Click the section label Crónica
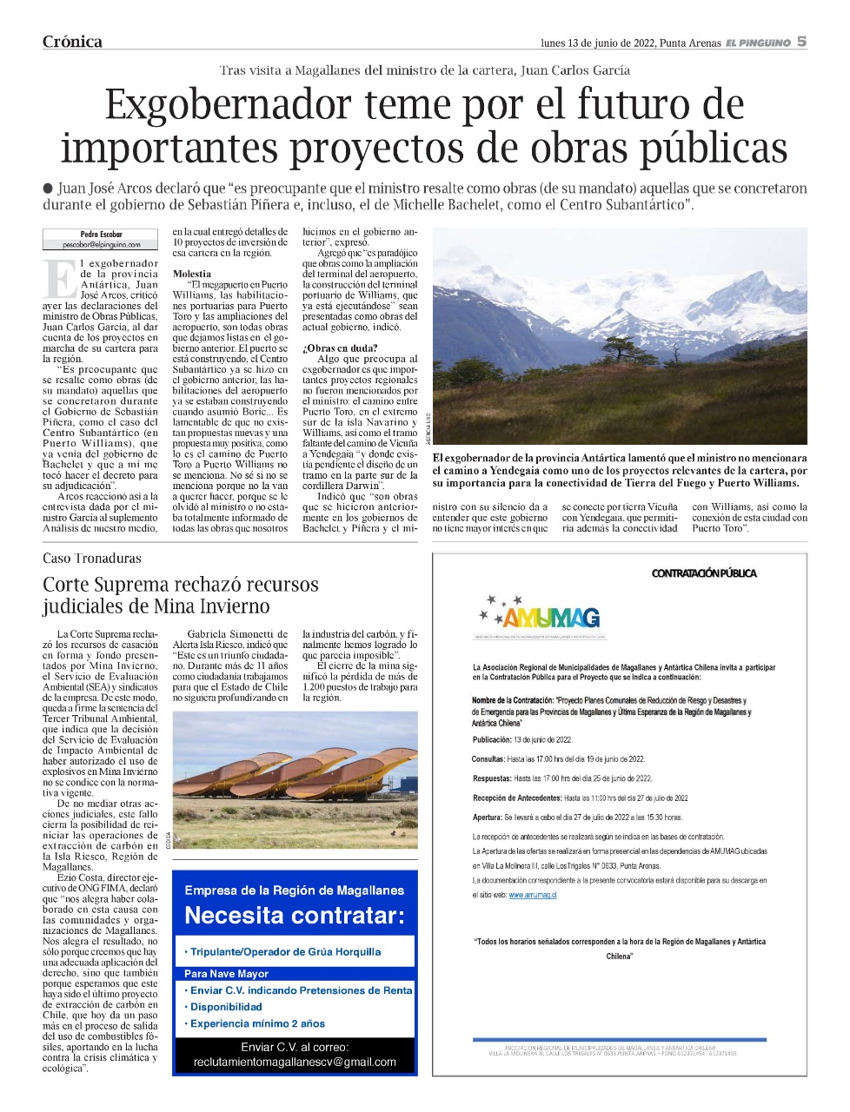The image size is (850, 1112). pos(72,42)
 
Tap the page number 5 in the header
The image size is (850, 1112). pos(801,42)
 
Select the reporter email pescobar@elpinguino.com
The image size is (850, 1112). pos(101,245)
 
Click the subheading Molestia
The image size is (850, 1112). pos(191,274)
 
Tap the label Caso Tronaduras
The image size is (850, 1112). pos(91,558)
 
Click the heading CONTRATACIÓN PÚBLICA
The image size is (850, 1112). pos(704,573)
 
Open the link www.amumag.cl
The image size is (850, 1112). pos(532,895)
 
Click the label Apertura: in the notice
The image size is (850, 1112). pos(487,817)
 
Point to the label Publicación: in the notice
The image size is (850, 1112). pos(492,740)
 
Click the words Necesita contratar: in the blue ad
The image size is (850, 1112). pos(295,916)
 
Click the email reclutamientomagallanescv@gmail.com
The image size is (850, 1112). pos(295,1062)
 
